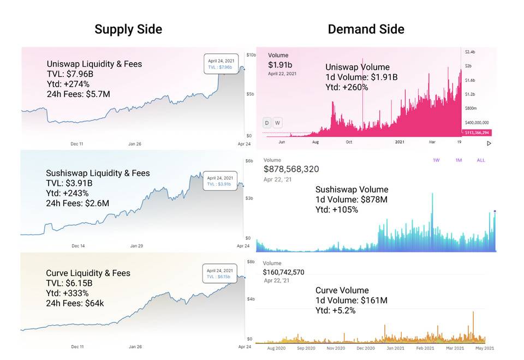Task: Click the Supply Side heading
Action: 128,29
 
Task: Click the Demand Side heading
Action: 366,29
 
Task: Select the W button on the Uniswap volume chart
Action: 277,123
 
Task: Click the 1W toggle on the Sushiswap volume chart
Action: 437,160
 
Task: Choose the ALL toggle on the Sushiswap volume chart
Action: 480,160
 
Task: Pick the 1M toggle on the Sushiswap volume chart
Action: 458,160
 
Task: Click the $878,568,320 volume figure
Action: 291,170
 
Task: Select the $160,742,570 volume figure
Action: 291,272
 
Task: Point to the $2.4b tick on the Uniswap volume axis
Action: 469,51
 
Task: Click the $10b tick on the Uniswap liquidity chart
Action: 251,55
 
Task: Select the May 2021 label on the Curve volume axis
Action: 485,348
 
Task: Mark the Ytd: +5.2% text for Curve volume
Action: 336,310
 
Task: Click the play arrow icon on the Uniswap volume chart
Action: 489,143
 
